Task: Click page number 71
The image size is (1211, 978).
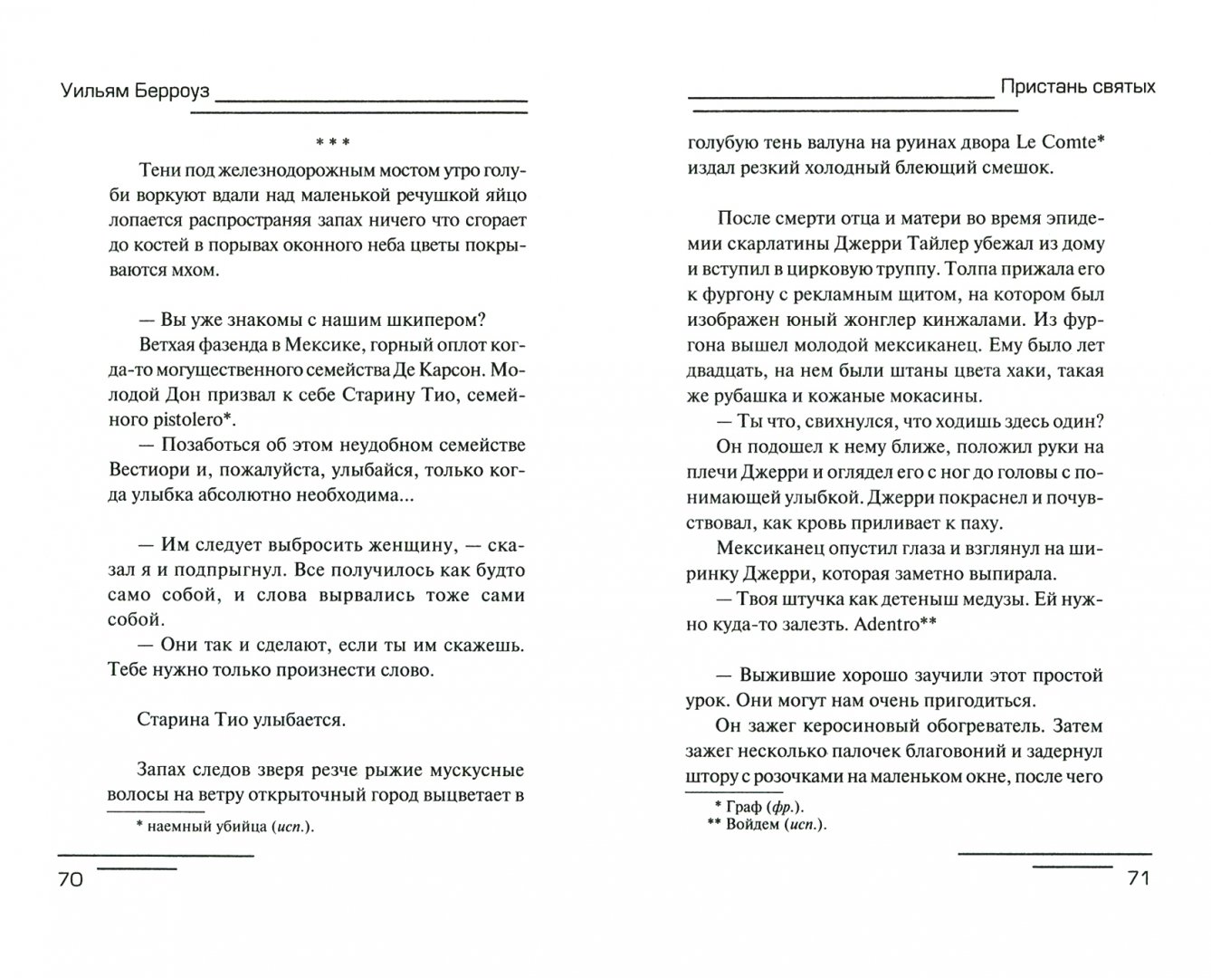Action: pos(1138,879)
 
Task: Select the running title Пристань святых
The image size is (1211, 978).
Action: pos(1078,87)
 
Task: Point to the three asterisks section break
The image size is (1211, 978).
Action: pos(331,142)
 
